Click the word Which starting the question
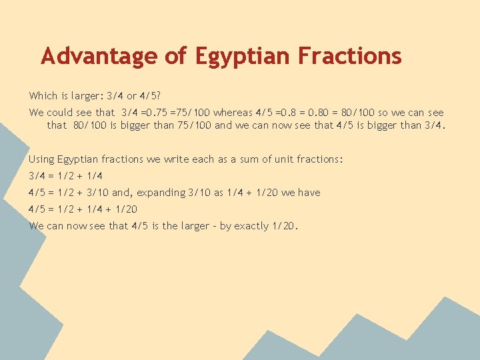[x=43, y=96]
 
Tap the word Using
[x=42, y=159]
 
